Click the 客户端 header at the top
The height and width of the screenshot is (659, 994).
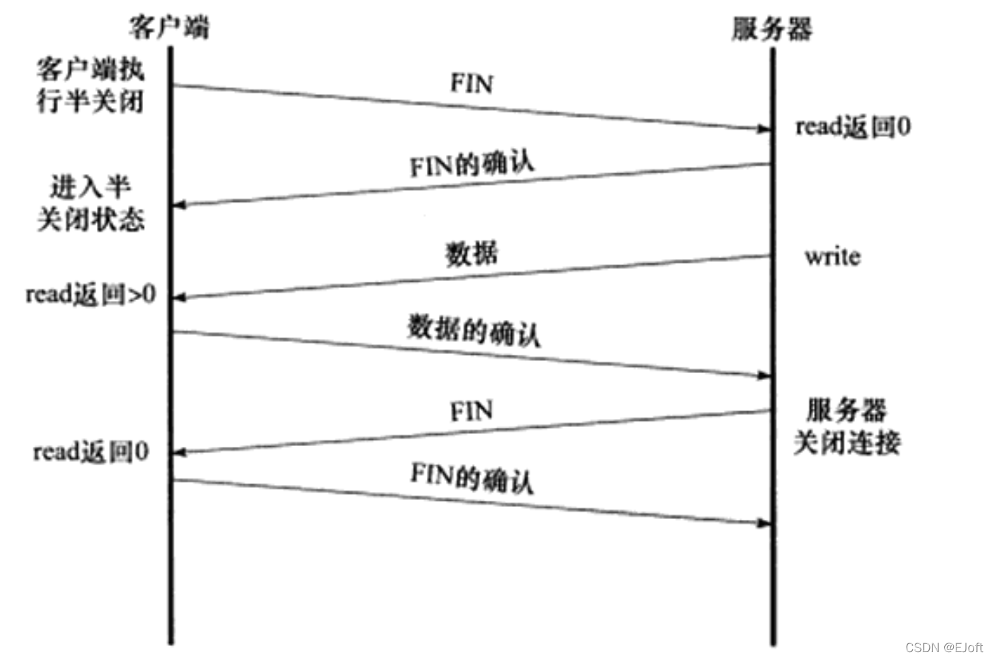tap(168, 27)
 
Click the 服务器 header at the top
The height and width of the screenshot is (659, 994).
tap(772, 29)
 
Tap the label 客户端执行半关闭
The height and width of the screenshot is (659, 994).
tap(90, 85)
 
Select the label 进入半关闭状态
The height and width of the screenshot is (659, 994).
tap(90, 203)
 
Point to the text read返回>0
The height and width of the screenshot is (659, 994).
tap(91, 295)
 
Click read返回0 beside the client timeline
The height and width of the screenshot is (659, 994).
tap(91, 452)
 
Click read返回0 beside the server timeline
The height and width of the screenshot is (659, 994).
tap(852, 126)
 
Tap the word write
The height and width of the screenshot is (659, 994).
tap(832, 257)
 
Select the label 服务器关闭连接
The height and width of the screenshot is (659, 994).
tap(847, 426)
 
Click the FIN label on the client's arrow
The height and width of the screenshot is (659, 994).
tap(471, 84)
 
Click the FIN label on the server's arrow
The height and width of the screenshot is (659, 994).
tap(471, 411)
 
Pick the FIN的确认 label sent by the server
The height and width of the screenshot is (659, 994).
tap(472, 164)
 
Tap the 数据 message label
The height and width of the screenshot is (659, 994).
tap(471, 254)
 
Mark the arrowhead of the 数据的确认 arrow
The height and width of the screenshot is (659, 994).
tap(765, 375)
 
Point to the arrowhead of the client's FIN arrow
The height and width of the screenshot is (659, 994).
tap(765, 128)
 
